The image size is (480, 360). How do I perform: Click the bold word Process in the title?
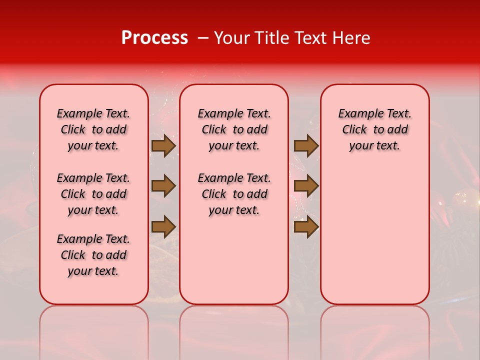click(x=154, y=38)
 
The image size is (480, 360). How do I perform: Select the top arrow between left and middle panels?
click(x=163, y=146)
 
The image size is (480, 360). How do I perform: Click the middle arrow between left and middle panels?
click(x=163, y=186)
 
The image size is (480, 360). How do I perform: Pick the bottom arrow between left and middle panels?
click(x=163, y=227)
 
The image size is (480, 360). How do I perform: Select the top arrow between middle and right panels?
click(x=306, y=146)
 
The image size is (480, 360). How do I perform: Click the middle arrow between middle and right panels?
click(x=306, y=186)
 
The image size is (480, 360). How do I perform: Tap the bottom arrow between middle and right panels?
click(x=306, y=227)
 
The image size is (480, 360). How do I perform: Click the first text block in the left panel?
click(x=93, y=129)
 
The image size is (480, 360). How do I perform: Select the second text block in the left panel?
click(x=93, y=194)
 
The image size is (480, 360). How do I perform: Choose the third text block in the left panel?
click(x=93, y=255)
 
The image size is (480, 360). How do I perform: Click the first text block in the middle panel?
click(x=234, y=129)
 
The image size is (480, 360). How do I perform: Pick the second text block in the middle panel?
click(x=234, y=194)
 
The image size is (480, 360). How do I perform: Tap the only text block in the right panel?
click(x=375, y=129)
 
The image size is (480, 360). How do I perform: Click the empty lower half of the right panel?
click(x=375, y=240)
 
